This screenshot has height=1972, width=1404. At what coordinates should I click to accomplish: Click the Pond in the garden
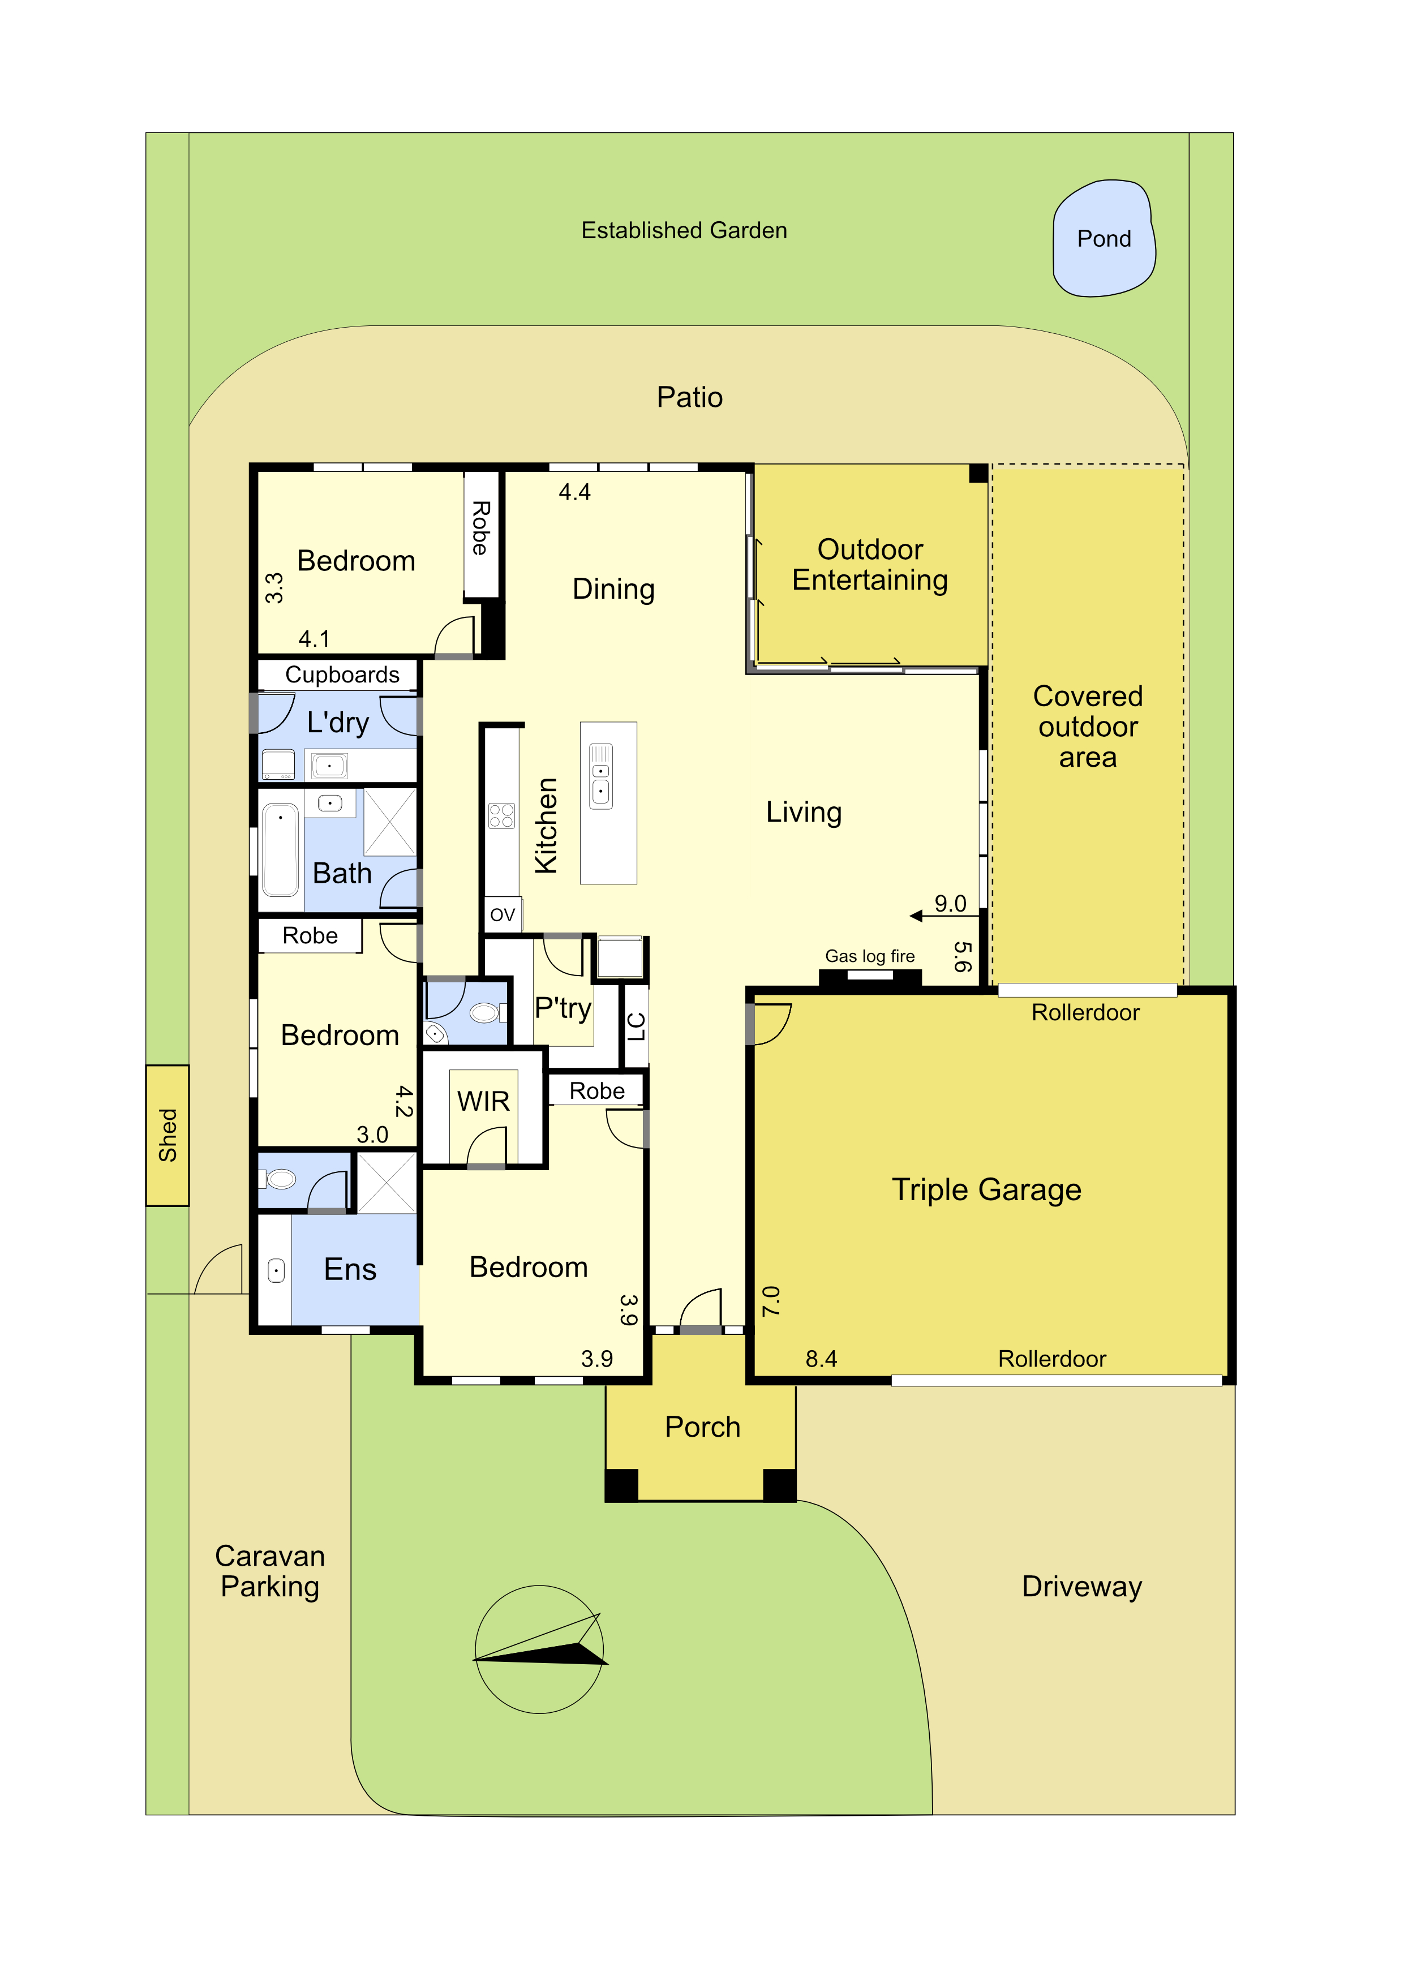pyautogui.click(x=1104, y=239)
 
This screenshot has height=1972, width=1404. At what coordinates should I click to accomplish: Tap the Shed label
pyautogui.click(x=168, y=1135)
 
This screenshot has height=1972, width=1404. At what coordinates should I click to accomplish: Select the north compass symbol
pyautogui.click(x=539, y=1649)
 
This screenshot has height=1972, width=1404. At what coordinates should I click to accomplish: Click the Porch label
pyautogui.click(x=703, y=1427)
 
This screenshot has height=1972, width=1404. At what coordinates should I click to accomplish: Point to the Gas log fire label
pyautogui.click(x=870, y=956)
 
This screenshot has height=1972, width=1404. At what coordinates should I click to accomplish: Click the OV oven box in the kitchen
pyautogui.click(x=503, y=914)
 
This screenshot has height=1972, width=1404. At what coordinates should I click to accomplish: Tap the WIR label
pyautogui.click(x=483, y=1101)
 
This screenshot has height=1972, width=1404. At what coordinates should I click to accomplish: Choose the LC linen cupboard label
pyautogui.click(x=636, y=1026)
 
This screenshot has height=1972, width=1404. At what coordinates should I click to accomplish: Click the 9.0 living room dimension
pyautogui.click(x=950, y=904)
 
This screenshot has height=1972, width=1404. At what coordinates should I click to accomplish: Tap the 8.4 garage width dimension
pyautogui.click(x=821, y=1359)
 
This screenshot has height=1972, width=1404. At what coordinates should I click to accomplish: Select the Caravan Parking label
pyautogui.click(x=270, y=1571)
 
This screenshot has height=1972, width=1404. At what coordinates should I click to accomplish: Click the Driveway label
pyautogui.click(x=1081, y=1587)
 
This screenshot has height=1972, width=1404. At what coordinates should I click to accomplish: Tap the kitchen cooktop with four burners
pyautogui.click(x=501, y=815)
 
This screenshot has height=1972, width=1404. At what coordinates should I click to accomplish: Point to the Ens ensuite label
pyautogui.click(x=350, y=1269)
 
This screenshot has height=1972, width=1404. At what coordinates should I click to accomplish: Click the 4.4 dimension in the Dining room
pyautogui.click(x=575, y=493)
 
